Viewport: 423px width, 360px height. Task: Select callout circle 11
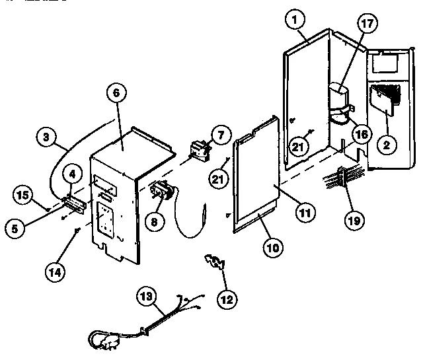coord(305,212)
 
